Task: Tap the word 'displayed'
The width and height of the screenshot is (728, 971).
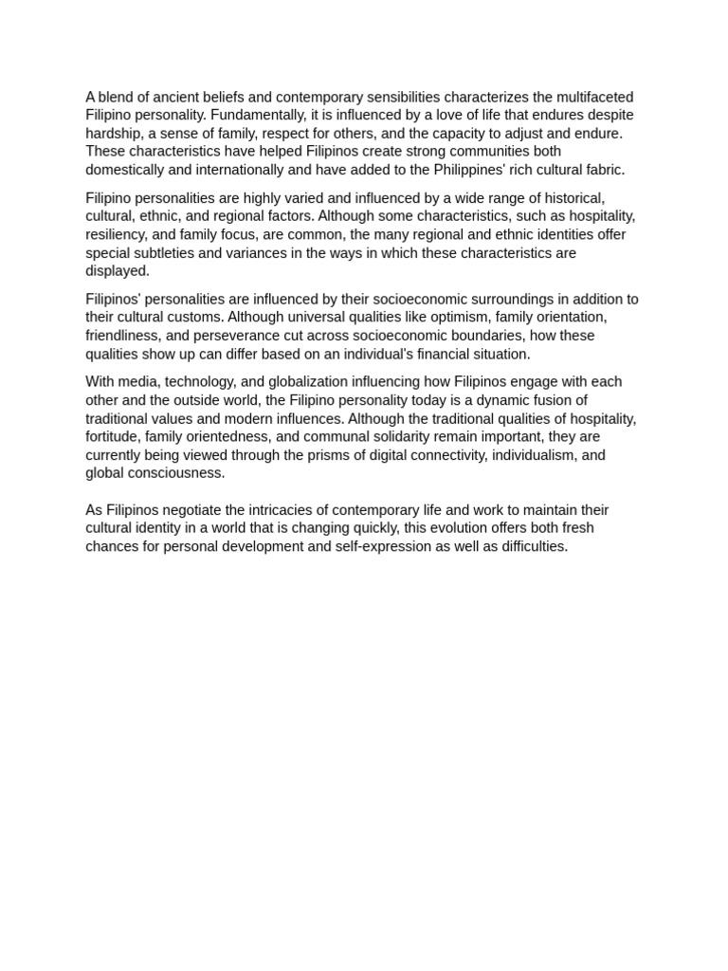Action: pos(116,271)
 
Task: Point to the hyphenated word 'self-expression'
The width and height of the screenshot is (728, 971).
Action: pos(383,547)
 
